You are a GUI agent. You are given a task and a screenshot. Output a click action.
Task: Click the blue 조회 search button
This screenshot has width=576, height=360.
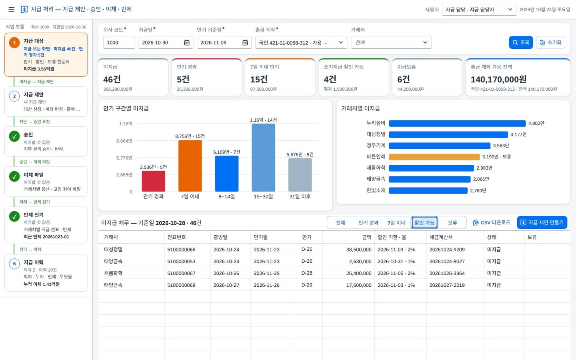click(521, 42)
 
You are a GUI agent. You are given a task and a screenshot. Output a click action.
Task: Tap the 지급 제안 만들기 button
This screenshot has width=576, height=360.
click(542, 222)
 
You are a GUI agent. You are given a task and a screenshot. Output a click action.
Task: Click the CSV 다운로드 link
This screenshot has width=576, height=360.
click(491, 222)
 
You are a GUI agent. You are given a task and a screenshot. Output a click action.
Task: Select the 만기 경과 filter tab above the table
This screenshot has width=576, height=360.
click(368, 223)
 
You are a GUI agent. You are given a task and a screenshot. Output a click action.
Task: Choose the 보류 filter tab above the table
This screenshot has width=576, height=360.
click(452, 223)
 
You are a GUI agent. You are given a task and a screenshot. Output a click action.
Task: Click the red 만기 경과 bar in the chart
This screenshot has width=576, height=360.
click(153, 181)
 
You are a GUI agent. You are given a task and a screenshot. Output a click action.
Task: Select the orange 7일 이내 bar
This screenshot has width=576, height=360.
click(190, 166)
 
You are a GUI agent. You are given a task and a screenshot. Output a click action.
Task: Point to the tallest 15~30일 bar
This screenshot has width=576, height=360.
click(263, 158)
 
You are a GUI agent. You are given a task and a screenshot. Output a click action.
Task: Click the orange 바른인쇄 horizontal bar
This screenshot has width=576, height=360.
click(434, 157)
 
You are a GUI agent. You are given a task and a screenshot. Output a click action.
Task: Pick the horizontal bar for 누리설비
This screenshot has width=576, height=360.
click(457, 124)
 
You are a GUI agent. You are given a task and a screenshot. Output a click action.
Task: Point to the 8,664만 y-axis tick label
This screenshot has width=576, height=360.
click(124, 141)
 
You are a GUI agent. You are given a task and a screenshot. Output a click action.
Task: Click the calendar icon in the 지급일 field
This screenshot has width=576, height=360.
click(187, 42)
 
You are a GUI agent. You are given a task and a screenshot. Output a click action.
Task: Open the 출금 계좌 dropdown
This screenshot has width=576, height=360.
click(301, 42)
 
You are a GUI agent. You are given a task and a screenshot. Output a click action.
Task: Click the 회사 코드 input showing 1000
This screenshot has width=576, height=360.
click(119, 42)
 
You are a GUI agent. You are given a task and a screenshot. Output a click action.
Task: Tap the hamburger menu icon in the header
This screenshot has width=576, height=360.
click(11, 10)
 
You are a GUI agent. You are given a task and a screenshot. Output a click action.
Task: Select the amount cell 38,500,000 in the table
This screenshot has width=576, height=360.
click(359, 250)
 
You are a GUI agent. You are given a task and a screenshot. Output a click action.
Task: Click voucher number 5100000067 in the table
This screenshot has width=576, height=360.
click(181, 273)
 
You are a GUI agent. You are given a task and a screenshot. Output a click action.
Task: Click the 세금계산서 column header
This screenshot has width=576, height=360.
click(441, 237)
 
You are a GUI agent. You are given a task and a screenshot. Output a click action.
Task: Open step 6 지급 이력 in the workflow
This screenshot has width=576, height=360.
click(46, 273)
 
